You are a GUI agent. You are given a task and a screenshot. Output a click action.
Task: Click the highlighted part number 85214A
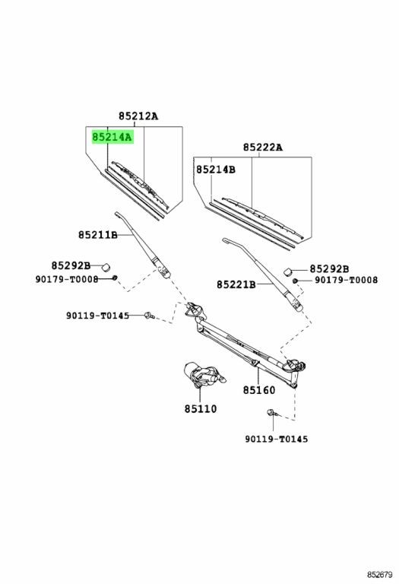112,138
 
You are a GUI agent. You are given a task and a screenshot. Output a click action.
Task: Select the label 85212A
138,116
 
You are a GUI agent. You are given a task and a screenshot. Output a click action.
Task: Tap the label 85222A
263,148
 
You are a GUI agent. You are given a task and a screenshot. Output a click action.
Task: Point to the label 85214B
216,170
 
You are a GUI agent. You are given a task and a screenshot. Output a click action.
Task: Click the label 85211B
98,235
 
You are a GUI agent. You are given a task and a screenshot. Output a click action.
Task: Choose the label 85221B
236,284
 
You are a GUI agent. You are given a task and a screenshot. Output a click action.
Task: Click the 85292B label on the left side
71,265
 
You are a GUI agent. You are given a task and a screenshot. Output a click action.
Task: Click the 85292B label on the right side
329,268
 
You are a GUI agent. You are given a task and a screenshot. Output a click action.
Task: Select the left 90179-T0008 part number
67,279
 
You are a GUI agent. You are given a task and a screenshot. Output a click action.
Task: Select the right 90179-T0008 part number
346,280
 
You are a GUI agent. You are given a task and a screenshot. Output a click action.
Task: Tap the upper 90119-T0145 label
98,316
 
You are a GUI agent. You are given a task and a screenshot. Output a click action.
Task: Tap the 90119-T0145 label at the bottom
277,439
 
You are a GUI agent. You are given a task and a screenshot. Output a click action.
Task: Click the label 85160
259,390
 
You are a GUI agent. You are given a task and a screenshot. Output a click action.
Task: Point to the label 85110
200,408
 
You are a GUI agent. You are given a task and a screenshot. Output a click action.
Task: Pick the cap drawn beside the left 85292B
106,267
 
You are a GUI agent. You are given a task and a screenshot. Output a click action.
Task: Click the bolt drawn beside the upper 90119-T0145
148,316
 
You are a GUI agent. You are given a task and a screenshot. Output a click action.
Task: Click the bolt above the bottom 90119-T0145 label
271,412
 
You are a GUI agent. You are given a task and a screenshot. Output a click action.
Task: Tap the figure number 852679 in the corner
379,575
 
